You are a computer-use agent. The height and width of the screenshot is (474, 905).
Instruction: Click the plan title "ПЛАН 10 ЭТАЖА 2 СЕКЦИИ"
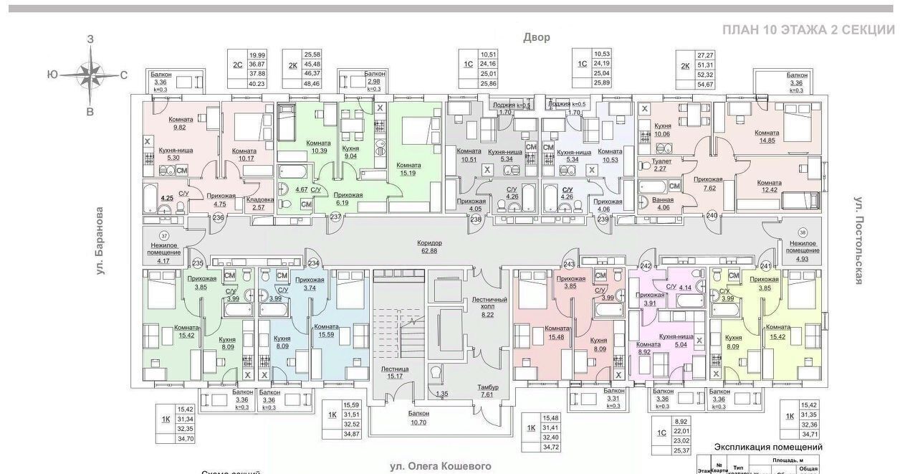coord(808,29)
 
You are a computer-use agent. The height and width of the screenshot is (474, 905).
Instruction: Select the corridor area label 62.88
coord(430,247)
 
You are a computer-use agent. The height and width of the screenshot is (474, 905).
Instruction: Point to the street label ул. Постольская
coord(857,240)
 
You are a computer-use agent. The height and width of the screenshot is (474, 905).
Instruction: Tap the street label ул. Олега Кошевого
coord(441,466)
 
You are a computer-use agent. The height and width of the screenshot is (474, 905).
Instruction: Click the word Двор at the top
coord(536,37)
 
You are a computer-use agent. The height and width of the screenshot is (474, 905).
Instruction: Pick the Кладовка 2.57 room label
coord(259,203)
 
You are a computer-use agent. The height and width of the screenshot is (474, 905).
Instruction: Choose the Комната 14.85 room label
coord(767,137)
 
